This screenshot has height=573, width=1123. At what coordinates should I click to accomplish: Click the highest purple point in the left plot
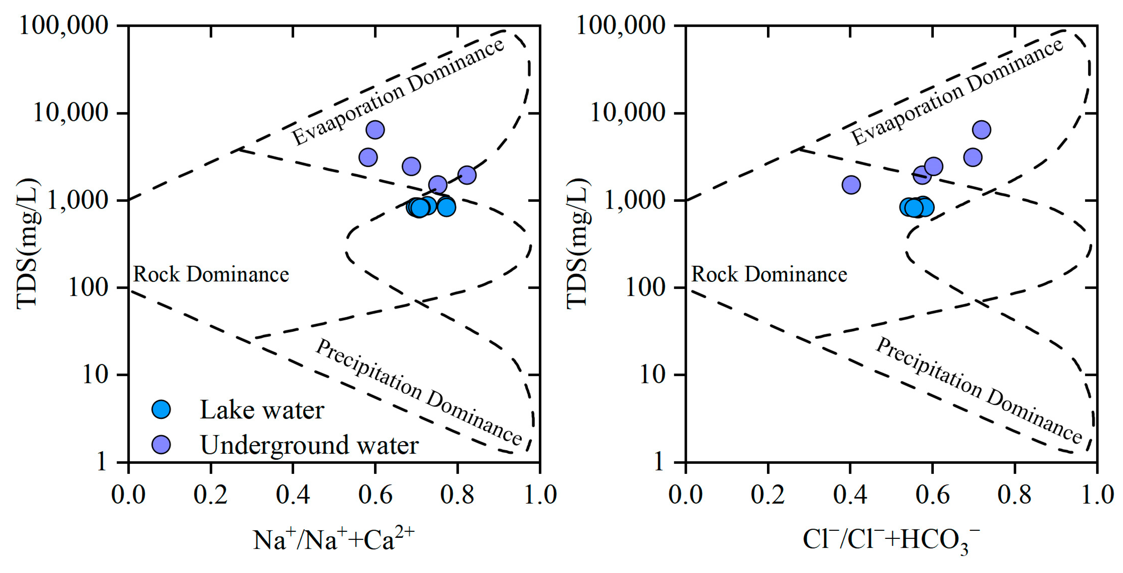pyautogui.click(x=375, y=130)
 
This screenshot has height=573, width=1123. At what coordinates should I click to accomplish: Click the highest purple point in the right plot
pyautogui.click(x=981, y=130)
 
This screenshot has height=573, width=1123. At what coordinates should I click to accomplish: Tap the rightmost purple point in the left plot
pyautogui.click(x=467, y=175)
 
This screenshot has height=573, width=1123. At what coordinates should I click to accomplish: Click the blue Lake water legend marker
pyautogui.click(x=161, y=409)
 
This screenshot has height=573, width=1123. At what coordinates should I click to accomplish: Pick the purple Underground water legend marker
pyautogui.click(x=161, y=444)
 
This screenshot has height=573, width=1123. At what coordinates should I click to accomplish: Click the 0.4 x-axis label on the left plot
pyautogui.click(x=292, y=495)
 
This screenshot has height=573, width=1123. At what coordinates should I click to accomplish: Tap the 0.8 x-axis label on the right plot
pyautogui.click(x=1014, y=495)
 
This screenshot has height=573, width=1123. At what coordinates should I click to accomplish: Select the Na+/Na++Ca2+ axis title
pyautogui.click(x=334, y=539)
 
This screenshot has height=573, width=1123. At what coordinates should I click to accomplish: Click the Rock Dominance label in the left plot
pyautogui.click(x=211, y=275)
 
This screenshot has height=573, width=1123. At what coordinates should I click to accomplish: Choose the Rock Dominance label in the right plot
pyautogui.click(x=769, y=275)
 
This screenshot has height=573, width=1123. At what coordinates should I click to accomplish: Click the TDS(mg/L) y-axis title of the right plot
pyautogui.click(x=578, y=244)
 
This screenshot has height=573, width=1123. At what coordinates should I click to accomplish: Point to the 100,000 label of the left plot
pyautogui.click(x=64, y=25)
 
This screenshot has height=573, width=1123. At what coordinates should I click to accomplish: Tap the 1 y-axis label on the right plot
pyautogui.click(x=659, y=461)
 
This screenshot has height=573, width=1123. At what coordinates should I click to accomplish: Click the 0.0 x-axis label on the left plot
pyautogui.click(x=128, y=495)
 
